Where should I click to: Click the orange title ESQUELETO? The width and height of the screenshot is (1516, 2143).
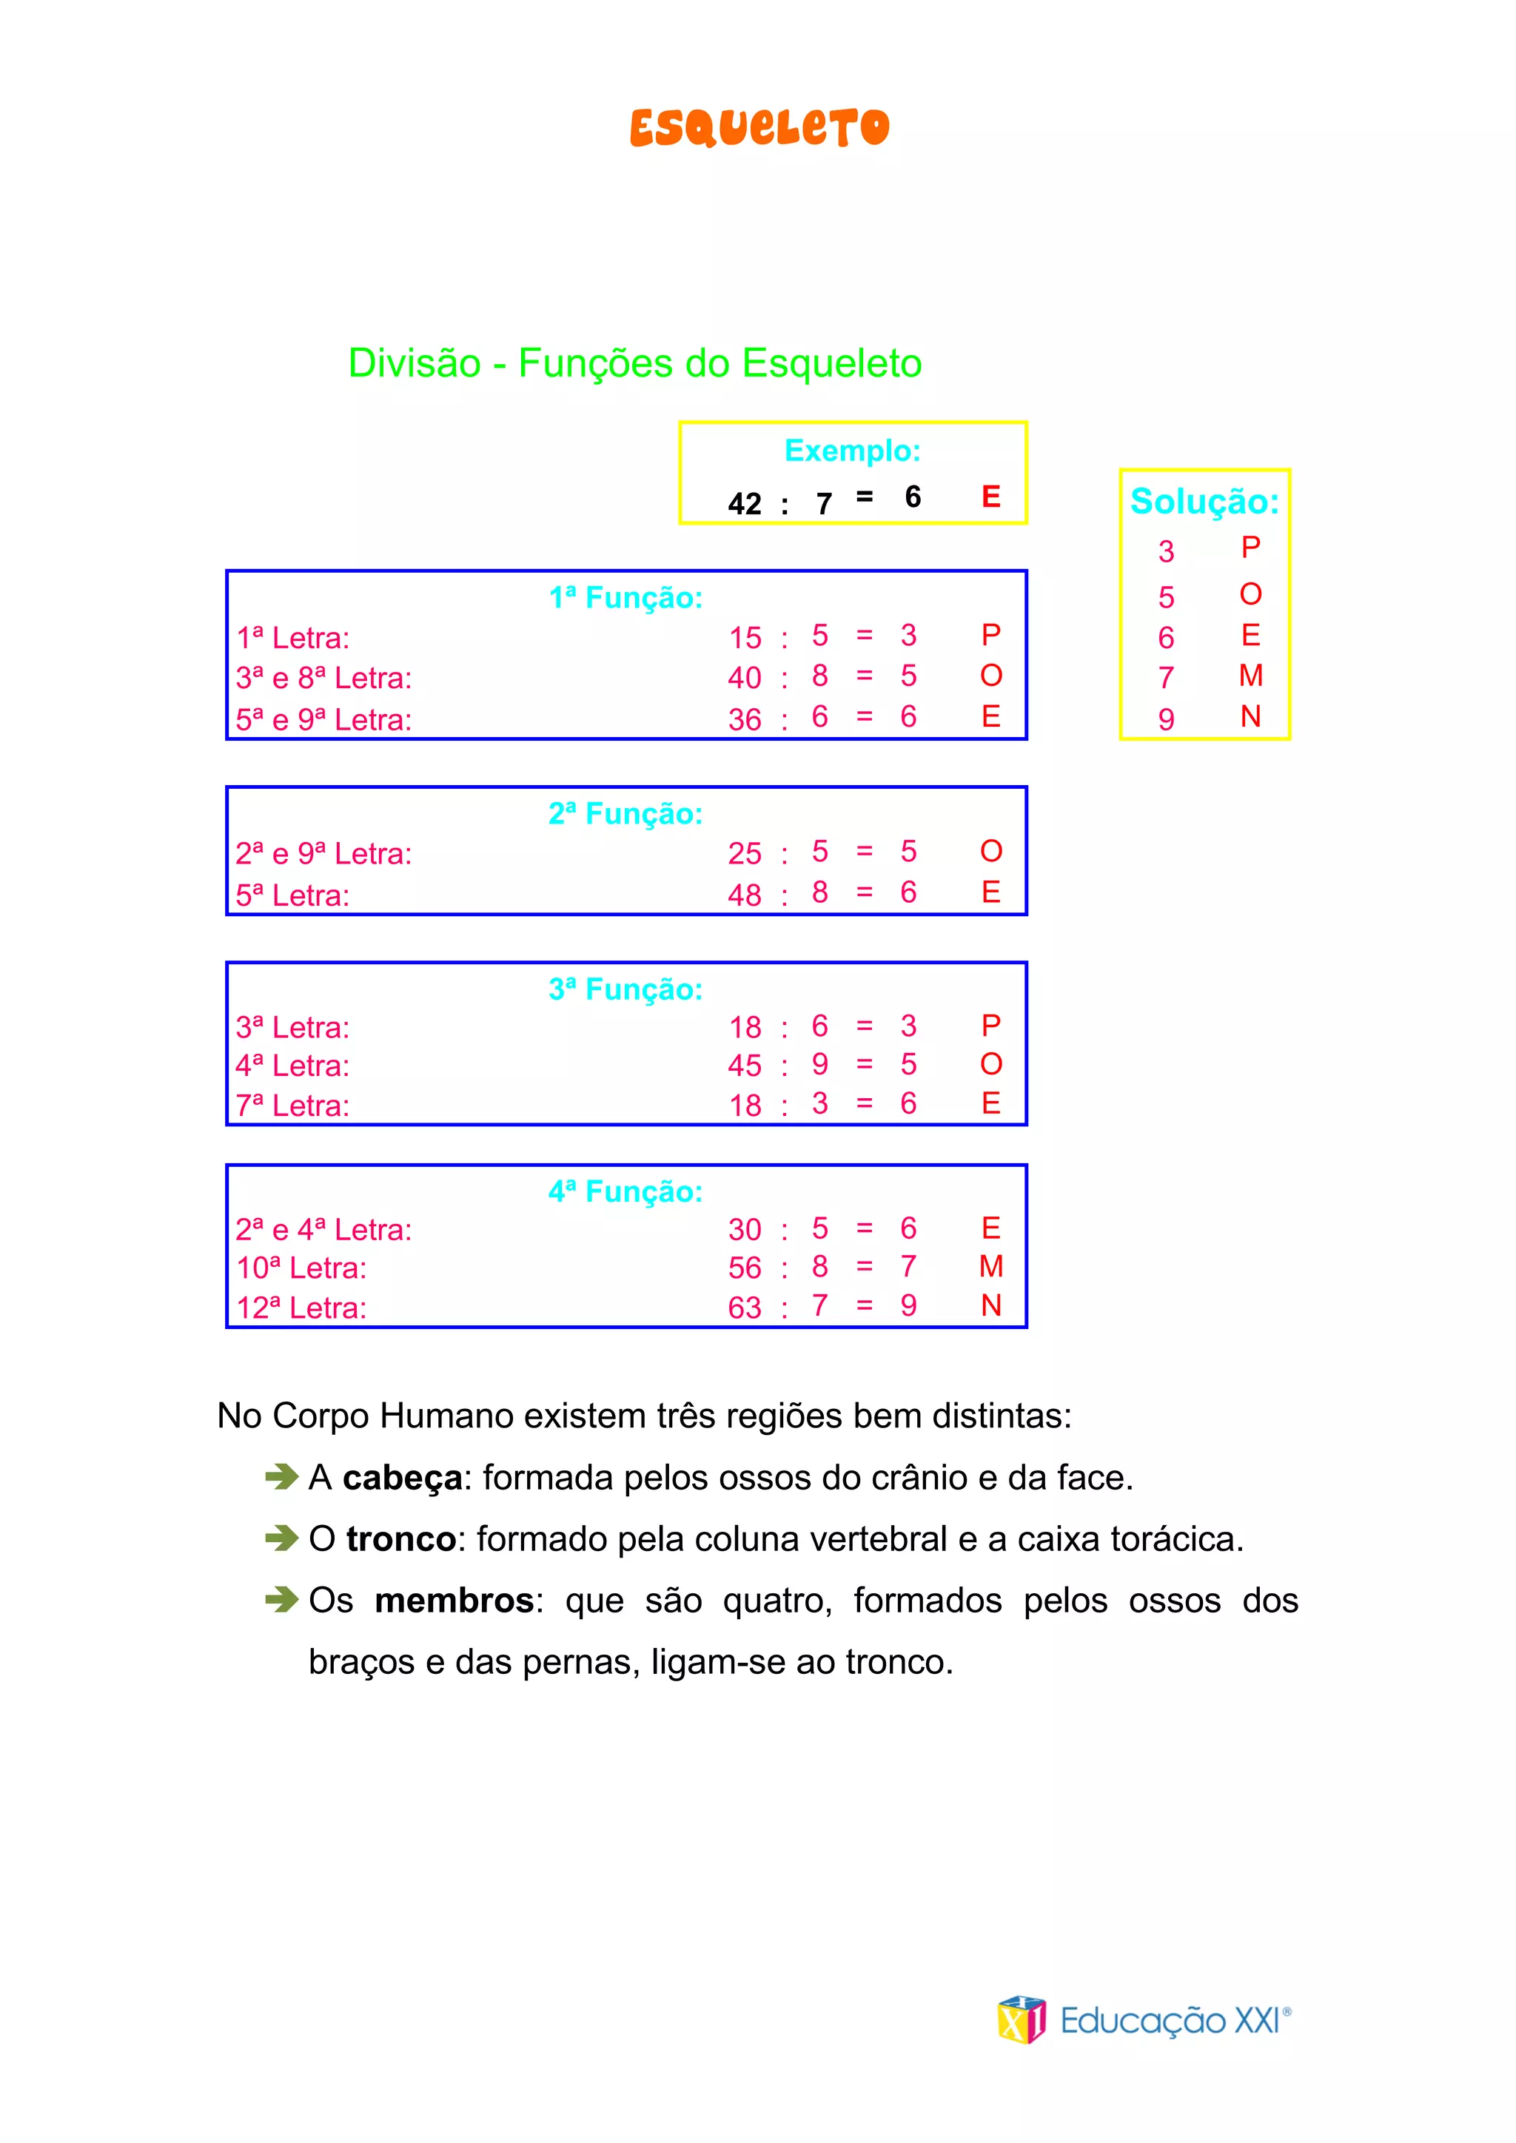pos(759,128)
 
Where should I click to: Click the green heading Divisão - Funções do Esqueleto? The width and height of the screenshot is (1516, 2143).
pos(635,363)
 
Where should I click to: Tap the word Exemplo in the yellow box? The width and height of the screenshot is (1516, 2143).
pos(851,451)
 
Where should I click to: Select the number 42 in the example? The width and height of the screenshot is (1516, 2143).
pos(744,504)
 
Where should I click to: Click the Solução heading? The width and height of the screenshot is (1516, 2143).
pos(1204,501)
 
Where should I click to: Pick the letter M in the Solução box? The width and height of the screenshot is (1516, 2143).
pos(1251,675)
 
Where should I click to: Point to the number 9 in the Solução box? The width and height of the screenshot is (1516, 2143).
pos(1166,719)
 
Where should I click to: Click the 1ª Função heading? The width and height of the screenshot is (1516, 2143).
pos(625,597)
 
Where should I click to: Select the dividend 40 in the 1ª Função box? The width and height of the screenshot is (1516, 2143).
pos(744,678)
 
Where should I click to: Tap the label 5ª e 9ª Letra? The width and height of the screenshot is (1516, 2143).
pos(323,719)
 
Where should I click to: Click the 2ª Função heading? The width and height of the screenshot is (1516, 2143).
pos(625,814)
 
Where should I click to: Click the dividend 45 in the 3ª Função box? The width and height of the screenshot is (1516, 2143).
pos(744,1065)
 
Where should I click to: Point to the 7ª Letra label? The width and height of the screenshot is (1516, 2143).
pos(292,1105)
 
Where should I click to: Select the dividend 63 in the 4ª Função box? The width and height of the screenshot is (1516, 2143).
pos(744,1308)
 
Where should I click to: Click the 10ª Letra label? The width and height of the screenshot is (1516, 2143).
pos(301,1268)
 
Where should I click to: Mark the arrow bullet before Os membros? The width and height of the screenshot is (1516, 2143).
pos(281,1600)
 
